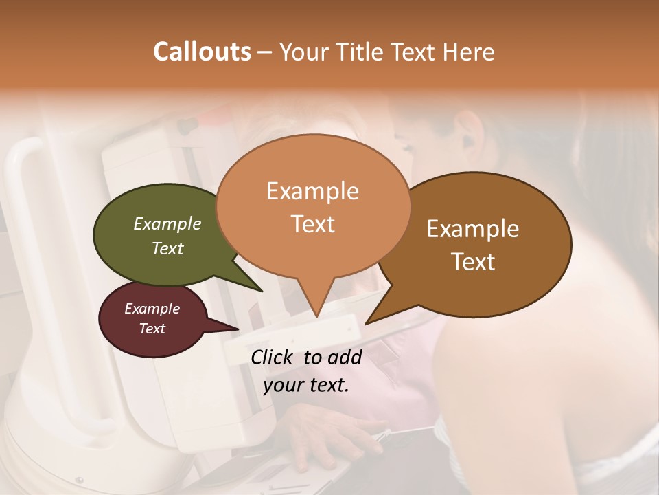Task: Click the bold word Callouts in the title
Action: pyautogui.click(x=202, y=52)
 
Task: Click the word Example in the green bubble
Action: pyautogui.click(x=167, y=223)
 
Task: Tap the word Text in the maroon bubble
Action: pyautogui.click(x=152, y=329)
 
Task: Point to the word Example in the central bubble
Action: pyautogui.click(x=312, y=191)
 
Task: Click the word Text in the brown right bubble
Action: pyautogui.click(x=474, y=262)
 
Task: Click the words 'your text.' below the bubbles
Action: pyautogui.click(x=306, y=385)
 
